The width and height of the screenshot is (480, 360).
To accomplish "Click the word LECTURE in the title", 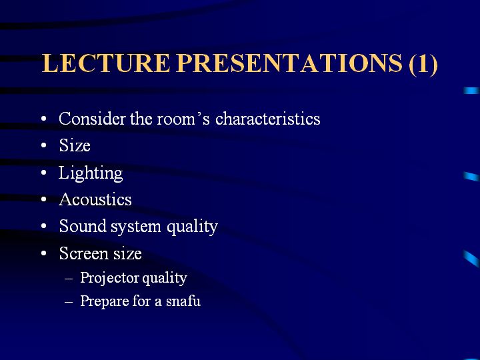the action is pos(105,63).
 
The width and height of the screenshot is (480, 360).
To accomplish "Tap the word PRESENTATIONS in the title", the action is pos(289,63).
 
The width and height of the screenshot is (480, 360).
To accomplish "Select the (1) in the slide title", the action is pos(423,64).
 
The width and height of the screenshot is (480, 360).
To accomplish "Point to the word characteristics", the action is pos(268,118).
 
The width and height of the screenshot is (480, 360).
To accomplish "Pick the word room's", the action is pos(183,119).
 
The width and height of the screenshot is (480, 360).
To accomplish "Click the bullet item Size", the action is pos(75,145).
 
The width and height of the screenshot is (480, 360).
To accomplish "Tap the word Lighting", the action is pos(91,173).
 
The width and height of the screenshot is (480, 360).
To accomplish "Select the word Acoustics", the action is pos(95,199).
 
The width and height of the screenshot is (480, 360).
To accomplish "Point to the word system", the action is pos(135,227).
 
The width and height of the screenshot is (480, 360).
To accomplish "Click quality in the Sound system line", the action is pos(192,227).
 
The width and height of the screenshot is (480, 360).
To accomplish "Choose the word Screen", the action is pos(83,253).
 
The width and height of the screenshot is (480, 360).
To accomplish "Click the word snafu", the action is pos(183,301).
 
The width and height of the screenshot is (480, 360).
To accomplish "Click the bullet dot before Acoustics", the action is pos(44,199).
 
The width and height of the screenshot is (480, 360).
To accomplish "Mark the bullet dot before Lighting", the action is pos(44,173).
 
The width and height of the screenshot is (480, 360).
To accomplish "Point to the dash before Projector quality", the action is pos(69,279).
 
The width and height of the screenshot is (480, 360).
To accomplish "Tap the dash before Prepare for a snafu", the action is pos(69,301).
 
